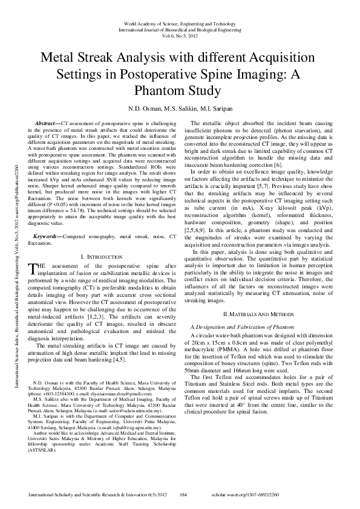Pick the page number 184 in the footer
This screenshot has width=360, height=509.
[x=184, y=494]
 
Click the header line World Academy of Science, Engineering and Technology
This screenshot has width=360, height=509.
[x=180, y=22]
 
